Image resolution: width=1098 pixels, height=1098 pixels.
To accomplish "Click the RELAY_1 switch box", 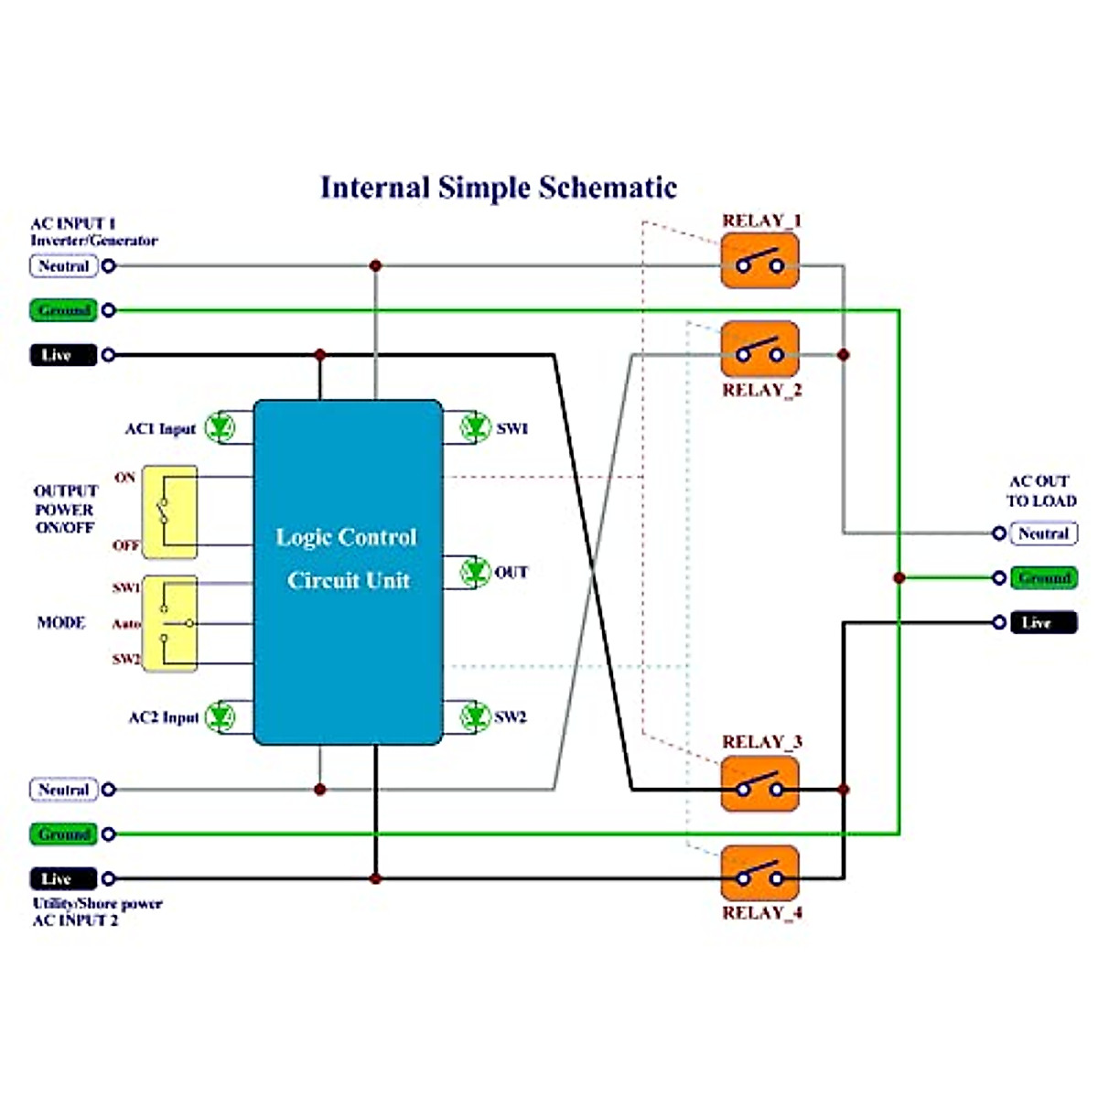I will tap(759, 261).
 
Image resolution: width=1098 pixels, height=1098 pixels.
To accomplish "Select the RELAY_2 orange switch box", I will tap(759, 350).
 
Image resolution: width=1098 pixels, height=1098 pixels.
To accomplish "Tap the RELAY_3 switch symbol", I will tap(759, 784).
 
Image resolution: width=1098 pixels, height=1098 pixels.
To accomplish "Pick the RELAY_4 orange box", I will tap(759, 873).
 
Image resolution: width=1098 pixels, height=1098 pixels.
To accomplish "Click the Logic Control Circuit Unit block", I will tap(348, 572).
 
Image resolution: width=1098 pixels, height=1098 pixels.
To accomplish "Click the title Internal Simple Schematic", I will tap(499, 188).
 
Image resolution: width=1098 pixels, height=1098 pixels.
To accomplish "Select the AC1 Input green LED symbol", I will tap(220, 427).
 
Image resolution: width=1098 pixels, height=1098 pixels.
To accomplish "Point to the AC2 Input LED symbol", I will tap(220, 716).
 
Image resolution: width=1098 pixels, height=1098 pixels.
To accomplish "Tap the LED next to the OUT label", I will tap(474, 572).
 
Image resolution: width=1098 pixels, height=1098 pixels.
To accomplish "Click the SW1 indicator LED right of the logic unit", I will tap(474, 427).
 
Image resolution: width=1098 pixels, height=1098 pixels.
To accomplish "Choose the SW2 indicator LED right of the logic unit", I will tap(474, 716).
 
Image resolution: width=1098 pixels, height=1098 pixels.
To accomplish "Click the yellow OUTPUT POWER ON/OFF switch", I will tap(169, 511).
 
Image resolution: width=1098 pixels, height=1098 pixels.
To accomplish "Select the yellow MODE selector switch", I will tap(169, 623).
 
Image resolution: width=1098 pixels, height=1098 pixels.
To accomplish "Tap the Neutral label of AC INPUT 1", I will tap(63, 266).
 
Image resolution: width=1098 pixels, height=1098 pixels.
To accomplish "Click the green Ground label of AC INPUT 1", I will tap(63, 310).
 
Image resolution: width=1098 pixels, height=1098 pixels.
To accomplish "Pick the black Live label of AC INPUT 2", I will tap(63, 878).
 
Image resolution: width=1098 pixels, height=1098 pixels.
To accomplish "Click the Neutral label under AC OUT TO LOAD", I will tap(1044, 533).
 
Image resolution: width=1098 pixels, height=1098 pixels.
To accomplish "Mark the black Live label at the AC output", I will tap(1044, 623).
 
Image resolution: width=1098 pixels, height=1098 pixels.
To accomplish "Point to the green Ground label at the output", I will tap(1044, 578).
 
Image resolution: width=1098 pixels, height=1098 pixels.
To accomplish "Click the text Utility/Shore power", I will tap(98, 903).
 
